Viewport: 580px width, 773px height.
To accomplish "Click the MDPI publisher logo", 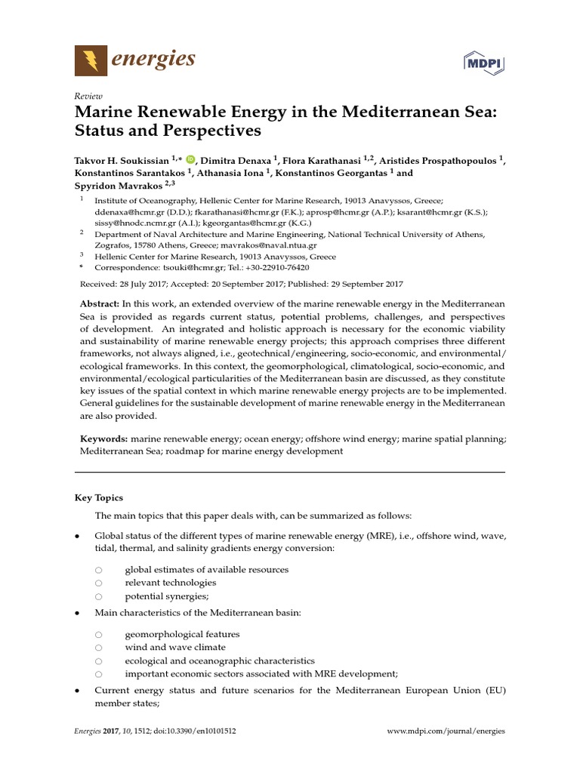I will pyautogui.click(x=483, y=64).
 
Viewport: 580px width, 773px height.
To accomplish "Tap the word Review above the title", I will pyautogui.click(x=87, y=96).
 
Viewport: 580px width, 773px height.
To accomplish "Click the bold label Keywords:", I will pyautogui.click(x=103, y=438).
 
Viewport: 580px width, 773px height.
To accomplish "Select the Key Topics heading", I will pyautogui.click(x=98, y=498).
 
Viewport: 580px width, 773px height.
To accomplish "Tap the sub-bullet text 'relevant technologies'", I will pyautogui.click(x=170, y=583).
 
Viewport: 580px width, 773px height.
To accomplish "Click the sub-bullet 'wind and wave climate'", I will pyautogui.click(x=174, y=648).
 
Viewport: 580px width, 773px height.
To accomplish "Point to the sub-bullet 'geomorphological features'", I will pyautogui.click(x=182, y=635).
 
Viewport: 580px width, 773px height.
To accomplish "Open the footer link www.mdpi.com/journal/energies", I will pyautogui.click(x=445, y=731).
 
